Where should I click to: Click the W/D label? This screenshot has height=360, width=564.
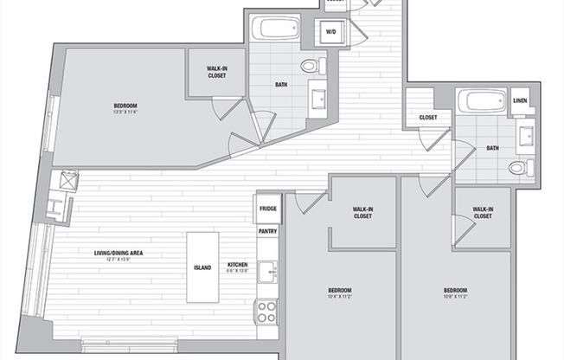point(330,32)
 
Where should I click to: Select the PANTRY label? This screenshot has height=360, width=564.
point(267,231)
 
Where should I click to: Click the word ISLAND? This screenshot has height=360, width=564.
point(202,267)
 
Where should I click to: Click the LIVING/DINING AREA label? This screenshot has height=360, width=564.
point(118,254)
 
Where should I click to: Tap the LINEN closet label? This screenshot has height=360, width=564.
point(520,100)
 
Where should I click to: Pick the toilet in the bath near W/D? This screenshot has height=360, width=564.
point(311,65)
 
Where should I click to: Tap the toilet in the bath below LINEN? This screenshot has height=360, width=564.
point(520,167)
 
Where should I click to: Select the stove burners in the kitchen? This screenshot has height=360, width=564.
point(266,310)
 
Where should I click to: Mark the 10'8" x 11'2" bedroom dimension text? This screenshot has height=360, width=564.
point(455,294)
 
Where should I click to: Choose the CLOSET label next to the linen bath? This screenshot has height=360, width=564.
point(427,118)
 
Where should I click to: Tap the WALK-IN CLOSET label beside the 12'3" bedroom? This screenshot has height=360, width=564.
point(217,72)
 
